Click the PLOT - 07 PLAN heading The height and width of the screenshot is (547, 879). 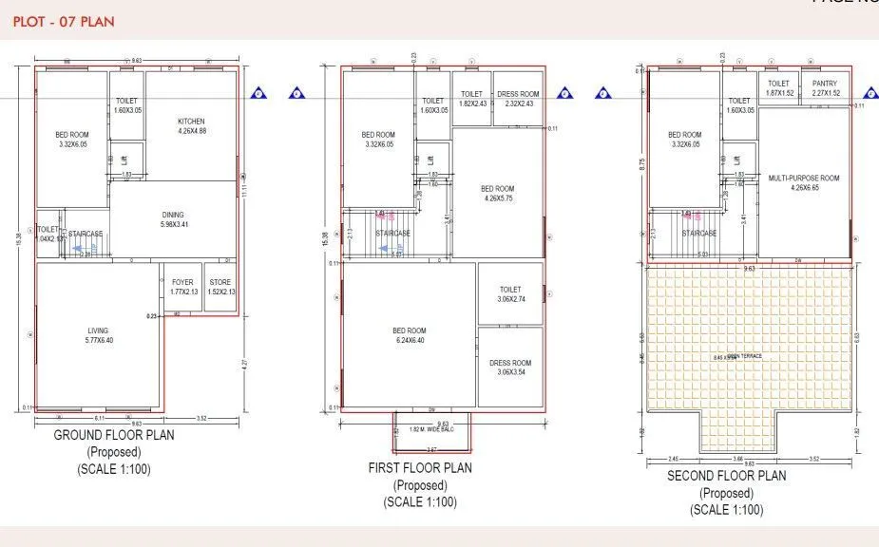[x=65, y=21]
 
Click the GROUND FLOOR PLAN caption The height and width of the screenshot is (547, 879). [x=113, y=435]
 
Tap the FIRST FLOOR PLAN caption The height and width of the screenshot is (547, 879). [x=419, y=468]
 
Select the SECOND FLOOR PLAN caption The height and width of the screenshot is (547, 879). [x=726, y=476]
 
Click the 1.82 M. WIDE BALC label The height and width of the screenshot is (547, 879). [x=430, y=429]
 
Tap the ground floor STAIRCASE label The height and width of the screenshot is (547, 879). [x=86, y=234]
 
